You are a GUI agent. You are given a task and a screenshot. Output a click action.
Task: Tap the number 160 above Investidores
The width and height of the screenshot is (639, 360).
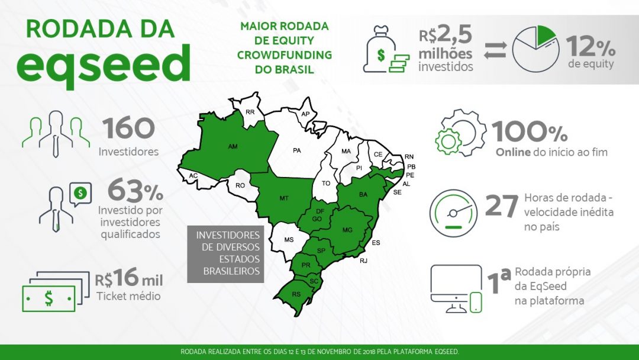[x=128, y=128]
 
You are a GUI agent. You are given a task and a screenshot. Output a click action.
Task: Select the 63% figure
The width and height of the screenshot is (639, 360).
[x=135, y=191]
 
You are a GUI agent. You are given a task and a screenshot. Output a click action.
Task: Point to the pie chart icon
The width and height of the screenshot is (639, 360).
[x=535, y=50]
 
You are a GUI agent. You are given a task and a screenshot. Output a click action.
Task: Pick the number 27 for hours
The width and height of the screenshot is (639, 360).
[x=502, y=205]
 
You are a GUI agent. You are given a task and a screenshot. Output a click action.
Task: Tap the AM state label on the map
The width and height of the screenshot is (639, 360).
[x=233, y=145]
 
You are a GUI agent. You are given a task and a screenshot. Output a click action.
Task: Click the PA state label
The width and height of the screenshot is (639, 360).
[x=297, y=150]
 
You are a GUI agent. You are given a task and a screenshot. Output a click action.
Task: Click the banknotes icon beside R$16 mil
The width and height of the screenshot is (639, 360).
[x=49, y=291]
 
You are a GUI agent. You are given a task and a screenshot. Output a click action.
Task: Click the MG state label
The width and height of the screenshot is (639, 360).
[x=348, y=230]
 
